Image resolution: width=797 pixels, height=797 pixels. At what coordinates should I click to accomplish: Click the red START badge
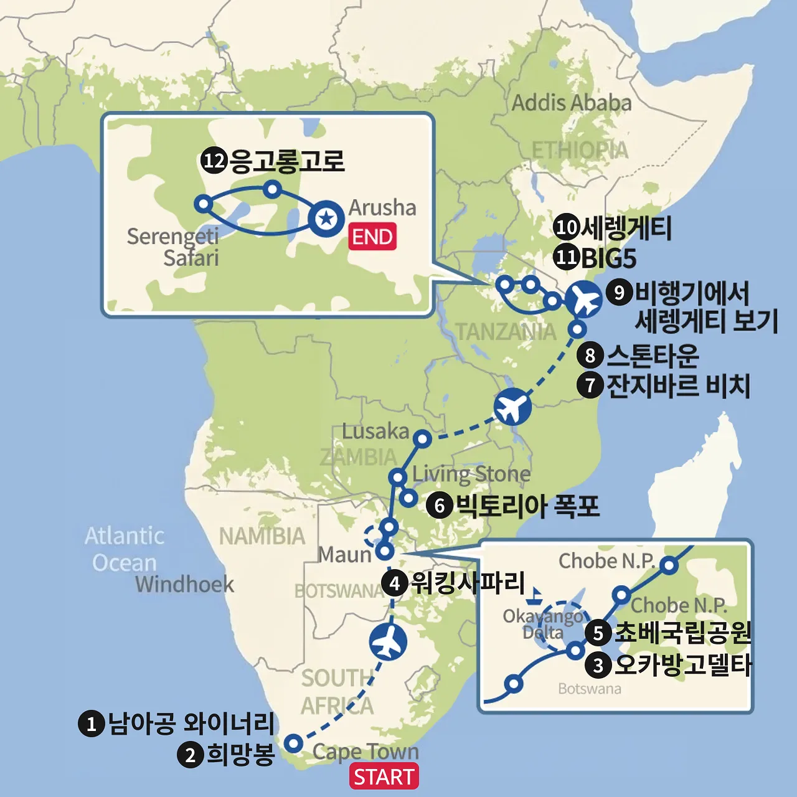[x=384, y=777]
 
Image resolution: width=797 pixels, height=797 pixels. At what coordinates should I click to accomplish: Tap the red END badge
[x=372, y=237]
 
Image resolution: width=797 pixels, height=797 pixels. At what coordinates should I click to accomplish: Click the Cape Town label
[x=365, y=752]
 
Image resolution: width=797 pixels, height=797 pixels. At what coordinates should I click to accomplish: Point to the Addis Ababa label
[x=572, y=103]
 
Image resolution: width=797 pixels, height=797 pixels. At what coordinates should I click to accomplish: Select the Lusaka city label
[x=375, y=432]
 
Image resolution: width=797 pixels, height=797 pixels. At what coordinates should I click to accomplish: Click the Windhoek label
[x=185, y=584]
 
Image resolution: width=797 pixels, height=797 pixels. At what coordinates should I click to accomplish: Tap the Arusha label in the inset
[x=382, y=207]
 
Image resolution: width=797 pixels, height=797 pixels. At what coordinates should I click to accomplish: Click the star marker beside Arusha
[x=326, y=219]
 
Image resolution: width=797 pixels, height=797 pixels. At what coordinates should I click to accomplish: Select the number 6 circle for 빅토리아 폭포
[x=440, y=505]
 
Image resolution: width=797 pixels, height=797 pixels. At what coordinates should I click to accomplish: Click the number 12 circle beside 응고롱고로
[x=214, y=161]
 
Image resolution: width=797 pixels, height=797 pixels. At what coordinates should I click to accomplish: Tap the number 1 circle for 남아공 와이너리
[x=92, y=724]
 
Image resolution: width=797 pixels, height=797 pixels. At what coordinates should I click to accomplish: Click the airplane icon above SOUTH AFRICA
[x=388, y=643]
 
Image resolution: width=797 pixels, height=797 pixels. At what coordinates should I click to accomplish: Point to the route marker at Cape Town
[x=293, y=743]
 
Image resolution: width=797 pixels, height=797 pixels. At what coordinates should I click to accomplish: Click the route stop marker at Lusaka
[x=423, y=439]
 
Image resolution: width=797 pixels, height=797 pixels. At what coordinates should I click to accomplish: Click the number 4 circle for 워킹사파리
[x=395, y=584]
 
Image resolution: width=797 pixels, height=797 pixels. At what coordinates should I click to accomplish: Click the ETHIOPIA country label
[x=580, y=150]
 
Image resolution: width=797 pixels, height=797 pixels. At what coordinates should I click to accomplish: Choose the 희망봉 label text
[x=241, y=755]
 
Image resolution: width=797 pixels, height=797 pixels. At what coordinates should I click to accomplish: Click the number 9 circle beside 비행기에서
[x=619, y=293]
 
